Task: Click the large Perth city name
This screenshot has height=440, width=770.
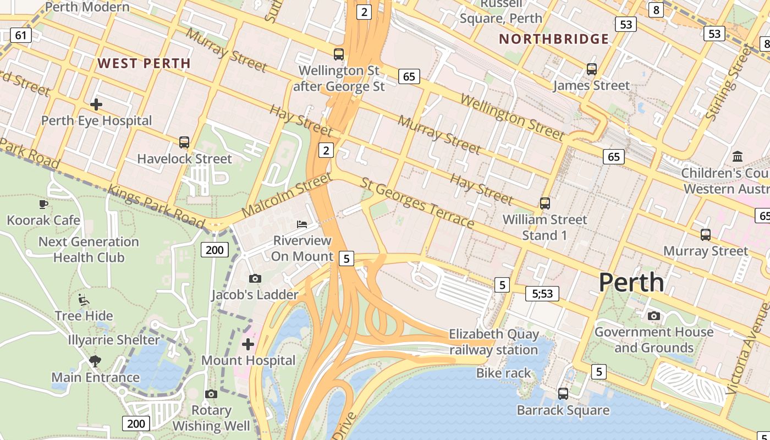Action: tap(631, 282)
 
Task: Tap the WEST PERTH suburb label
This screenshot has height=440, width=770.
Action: tap(144, 63)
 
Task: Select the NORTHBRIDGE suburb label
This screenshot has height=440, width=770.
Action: tap(554, 39)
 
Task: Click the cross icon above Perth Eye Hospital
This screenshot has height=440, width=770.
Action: tap(96, 104)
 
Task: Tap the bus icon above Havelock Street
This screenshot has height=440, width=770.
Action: tap(184, 142)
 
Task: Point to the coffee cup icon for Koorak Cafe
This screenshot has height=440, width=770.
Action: tap(43, 204)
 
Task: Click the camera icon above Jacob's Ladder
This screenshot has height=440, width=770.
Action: tap(255, 279)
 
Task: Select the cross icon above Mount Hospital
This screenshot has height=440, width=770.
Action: tap(248, 344)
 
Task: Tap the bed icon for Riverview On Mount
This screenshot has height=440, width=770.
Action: tap(302, 224)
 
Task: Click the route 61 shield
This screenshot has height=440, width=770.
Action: tap(20, 36)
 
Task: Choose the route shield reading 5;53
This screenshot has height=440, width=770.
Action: tap(542, 294)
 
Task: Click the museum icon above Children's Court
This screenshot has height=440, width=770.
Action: tap(738, 156)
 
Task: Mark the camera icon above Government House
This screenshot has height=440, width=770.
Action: tap(653, 316)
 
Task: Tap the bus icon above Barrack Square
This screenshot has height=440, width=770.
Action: tap(563, 394)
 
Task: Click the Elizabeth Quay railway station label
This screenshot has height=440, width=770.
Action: tap(494, 342)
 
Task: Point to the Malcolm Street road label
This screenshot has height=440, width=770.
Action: tap(286, 195)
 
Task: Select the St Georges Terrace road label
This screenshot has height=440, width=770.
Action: tap(417, 202)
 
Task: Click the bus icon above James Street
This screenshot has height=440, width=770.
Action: tap(592, 69)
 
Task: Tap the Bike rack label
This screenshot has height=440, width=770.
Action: tap(503, 373)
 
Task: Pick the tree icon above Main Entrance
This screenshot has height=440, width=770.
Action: tap(95, 361)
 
